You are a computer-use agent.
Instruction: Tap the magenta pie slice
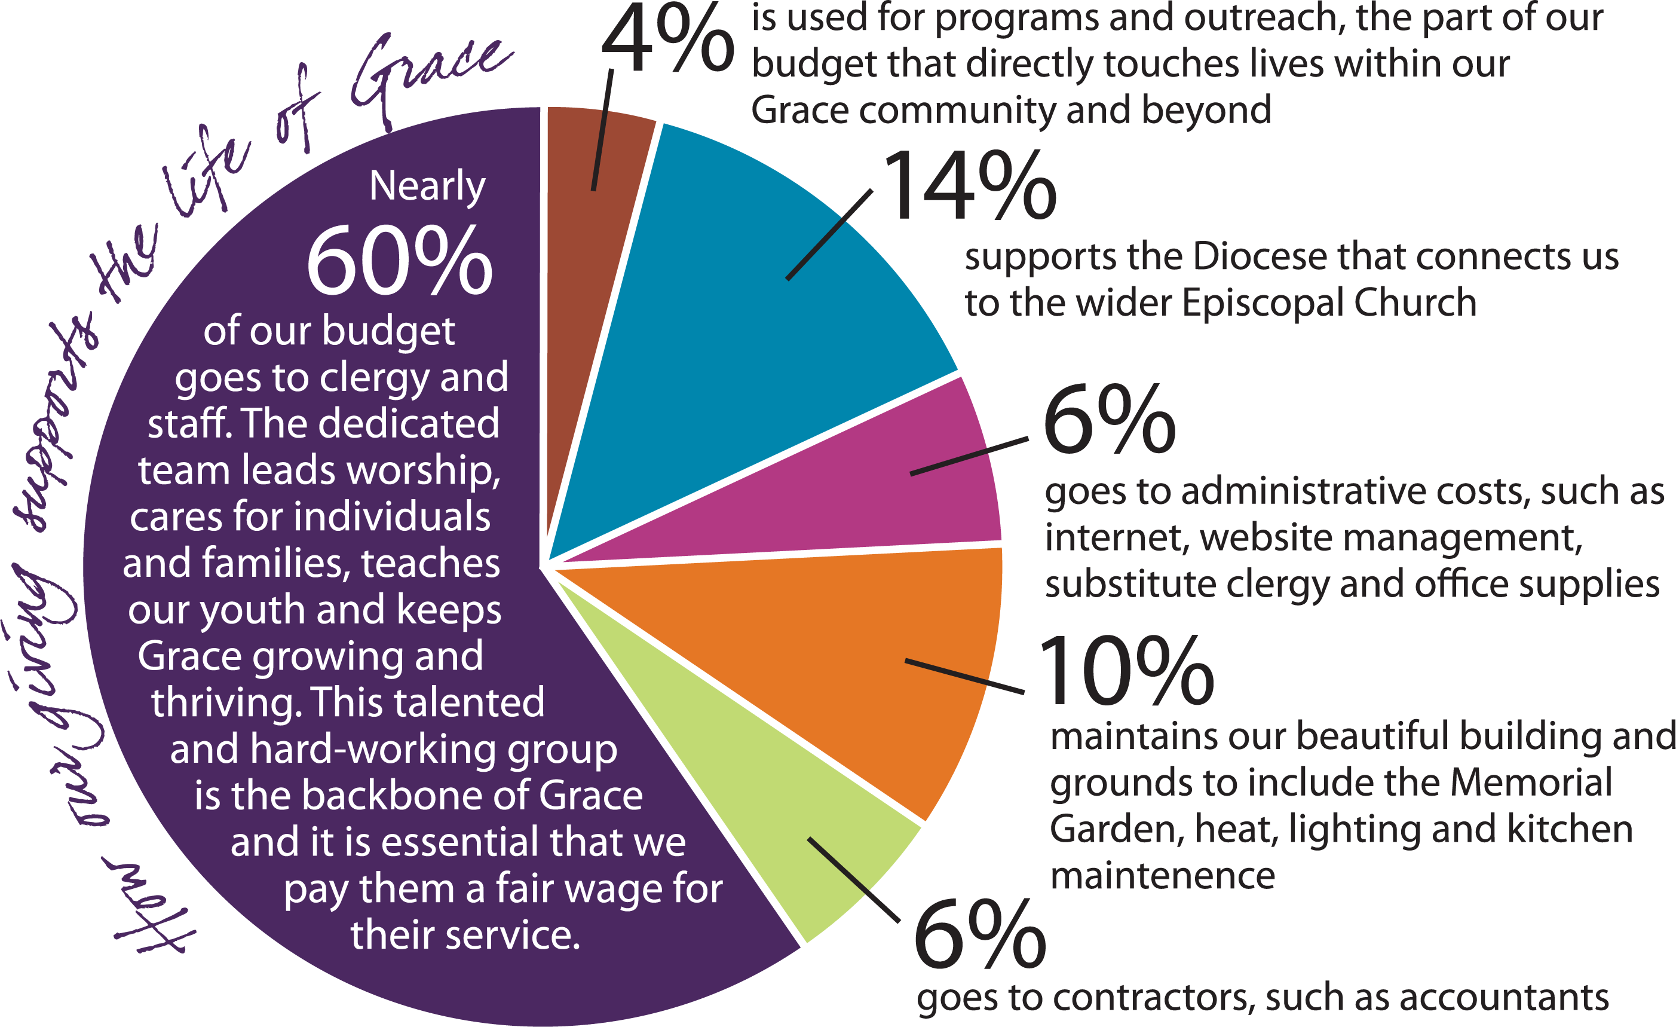884,490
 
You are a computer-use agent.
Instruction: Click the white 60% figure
399,262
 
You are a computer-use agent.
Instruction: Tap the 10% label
1126,670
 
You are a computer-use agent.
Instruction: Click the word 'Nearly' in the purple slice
427,186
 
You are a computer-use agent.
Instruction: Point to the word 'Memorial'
1530,783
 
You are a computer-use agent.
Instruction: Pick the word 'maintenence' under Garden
1163,876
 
